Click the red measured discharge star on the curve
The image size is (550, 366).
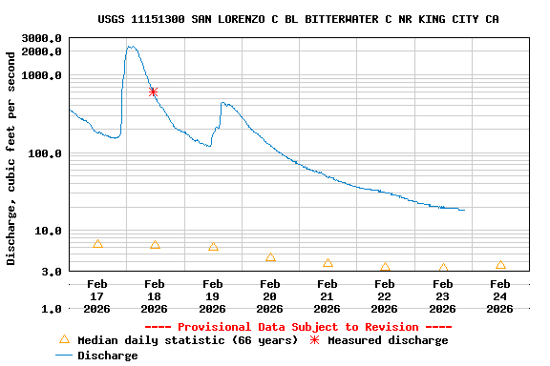pos(153,91)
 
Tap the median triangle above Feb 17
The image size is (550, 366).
pos(97,244)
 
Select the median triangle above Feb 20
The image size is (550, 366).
pos(270,256)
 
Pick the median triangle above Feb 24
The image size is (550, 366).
pos(500,264)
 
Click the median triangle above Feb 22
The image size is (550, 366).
pos(385,267)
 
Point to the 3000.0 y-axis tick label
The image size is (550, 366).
pos(42,38)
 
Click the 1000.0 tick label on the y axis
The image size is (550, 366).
pos(42,75)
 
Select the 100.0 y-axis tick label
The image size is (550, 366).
pos(46,153)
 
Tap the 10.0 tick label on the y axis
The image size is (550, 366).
pos(49,231)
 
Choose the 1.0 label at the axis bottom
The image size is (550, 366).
pos(53,309)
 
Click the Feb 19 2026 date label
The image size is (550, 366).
pos(212,295)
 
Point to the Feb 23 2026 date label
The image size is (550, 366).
pos(442,295)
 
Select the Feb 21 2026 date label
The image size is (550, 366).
pos(328,295)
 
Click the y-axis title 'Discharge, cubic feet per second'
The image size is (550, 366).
pos(11,172)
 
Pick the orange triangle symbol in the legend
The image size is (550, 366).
pos(64,339)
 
